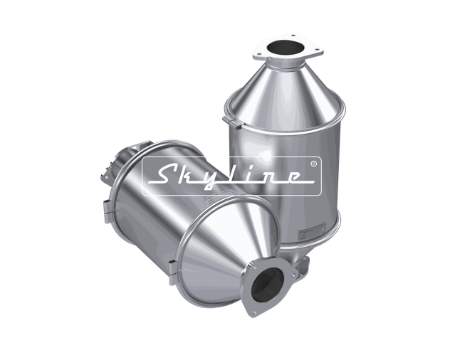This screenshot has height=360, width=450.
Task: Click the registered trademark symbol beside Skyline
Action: pos(314,163)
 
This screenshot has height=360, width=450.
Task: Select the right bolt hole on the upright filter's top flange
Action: pos(311,50)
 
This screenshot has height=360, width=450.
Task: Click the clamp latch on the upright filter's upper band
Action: pos(231,122)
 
